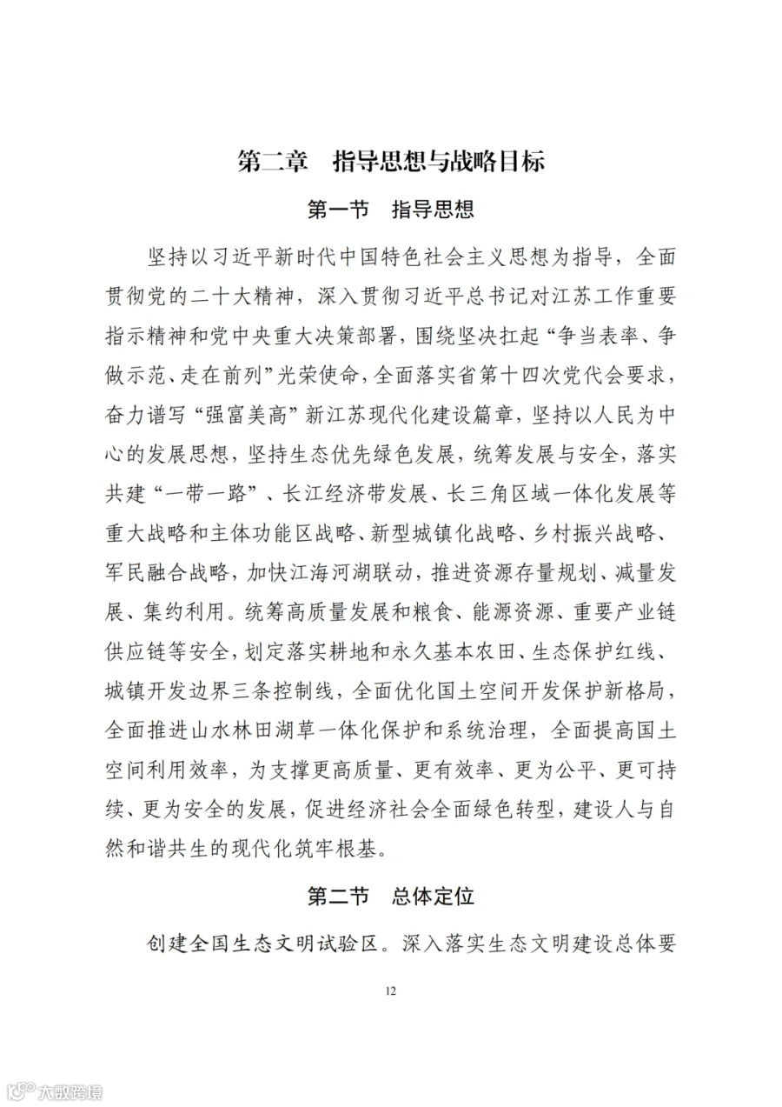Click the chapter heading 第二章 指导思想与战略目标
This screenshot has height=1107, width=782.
coord(391,162)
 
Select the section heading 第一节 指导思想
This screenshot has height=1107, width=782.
coord(391,210)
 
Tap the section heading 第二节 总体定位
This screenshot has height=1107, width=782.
coord(391,895)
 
